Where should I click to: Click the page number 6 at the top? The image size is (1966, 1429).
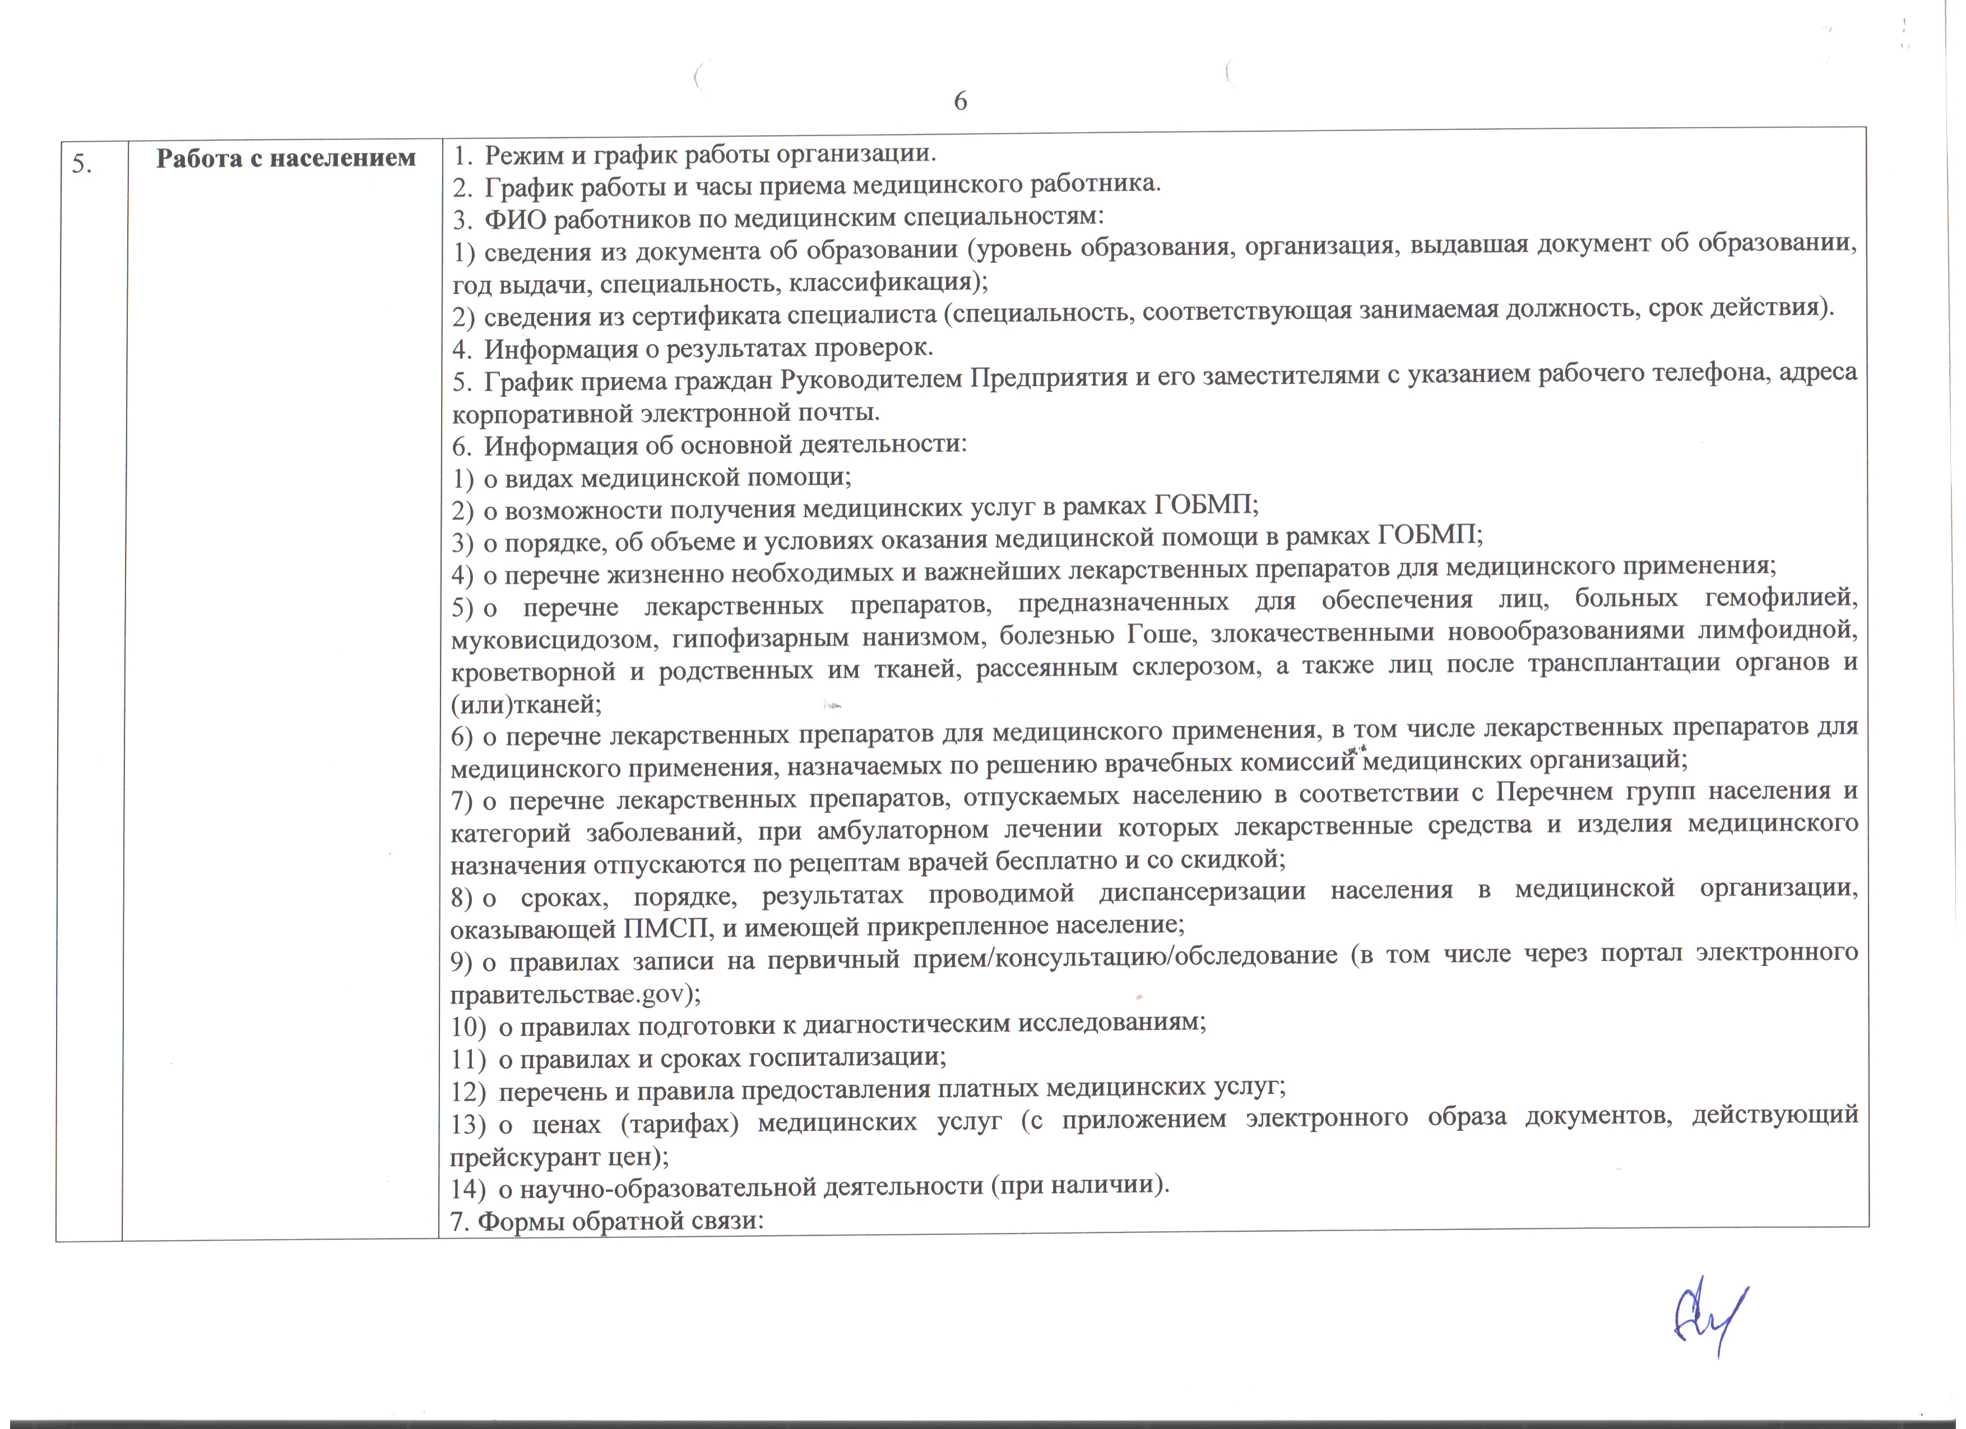[961, 101]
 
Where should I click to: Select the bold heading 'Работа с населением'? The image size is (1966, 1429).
[286, 159]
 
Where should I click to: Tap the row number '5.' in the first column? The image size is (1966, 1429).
[82, 164]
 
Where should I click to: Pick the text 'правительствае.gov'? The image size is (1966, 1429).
[567, 994]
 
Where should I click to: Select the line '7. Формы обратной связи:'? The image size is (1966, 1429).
[607, 1221]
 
